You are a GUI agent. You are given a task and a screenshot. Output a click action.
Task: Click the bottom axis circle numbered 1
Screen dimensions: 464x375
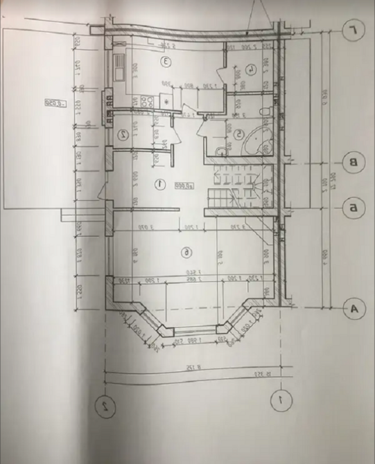point(278,400)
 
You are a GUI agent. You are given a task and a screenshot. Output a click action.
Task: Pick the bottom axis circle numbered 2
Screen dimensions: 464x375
point(103,404)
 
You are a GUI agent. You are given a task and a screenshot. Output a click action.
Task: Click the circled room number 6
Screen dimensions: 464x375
point(186,252)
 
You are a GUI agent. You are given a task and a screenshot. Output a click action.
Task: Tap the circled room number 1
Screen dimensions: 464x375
point(159,184)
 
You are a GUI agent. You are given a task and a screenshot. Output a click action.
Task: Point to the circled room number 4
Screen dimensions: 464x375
point(250,69)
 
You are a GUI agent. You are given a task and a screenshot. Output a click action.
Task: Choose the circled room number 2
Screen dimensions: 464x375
point(122,134)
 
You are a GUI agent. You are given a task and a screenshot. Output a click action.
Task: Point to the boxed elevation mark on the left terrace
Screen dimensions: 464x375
point(53,103)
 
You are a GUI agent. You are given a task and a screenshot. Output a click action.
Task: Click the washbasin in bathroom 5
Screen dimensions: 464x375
point(220,150)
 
